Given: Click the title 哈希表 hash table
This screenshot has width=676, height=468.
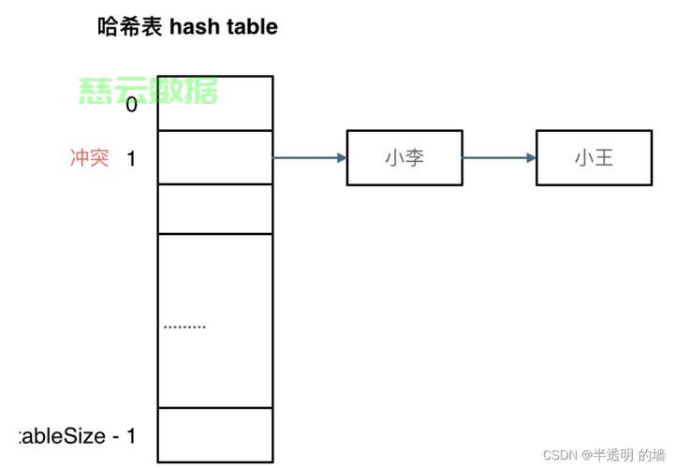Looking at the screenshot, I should tap(187, 26).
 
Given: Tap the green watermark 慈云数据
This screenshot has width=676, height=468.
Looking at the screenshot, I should tap(148, 91).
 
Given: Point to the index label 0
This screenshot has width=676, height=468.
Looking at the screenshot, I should tap(131, 105).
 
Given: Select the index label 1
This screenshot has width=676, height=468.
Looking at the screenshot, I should tap(131, 158).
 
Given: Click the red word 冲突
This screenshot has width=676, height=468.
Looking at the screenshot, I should tap(90, 157).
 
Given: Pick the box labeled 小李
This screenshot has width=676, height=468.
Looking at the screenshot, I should tap(404, 158).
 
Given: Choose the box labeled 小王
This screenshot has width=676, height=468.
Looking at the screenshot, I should tap(594, 158).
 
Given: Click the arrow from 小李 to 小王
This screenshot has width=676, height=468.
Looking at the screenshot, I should tap(499, 158).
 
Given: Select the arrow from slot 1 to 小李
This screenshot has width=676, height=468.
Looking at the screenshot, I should tap(309, 158).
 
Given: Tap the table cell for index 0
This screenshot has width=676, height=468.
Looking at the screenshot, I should tap(215, 104).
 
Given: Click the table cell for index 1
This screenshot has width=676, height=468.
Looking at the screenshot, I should tap(215, 158).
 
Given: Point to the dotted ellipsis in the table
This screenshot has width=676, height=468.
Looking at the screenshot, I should tap(184, 327).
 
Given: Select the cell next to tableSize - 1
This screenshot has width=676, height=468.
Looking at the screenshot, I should tap(215, 435).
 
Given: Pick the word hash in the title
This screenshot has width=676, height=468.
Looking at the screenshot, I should tap(194, 26).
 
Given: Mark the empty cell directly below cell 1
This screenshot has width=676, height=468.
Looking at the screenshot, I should tap(215, 209).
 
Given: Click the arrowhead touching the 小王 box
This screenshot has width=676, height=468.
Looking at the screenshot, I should tap(531, 158).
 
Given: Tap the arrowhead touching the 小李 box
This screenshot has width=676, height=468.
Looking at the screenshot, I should tap(341, 158).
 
